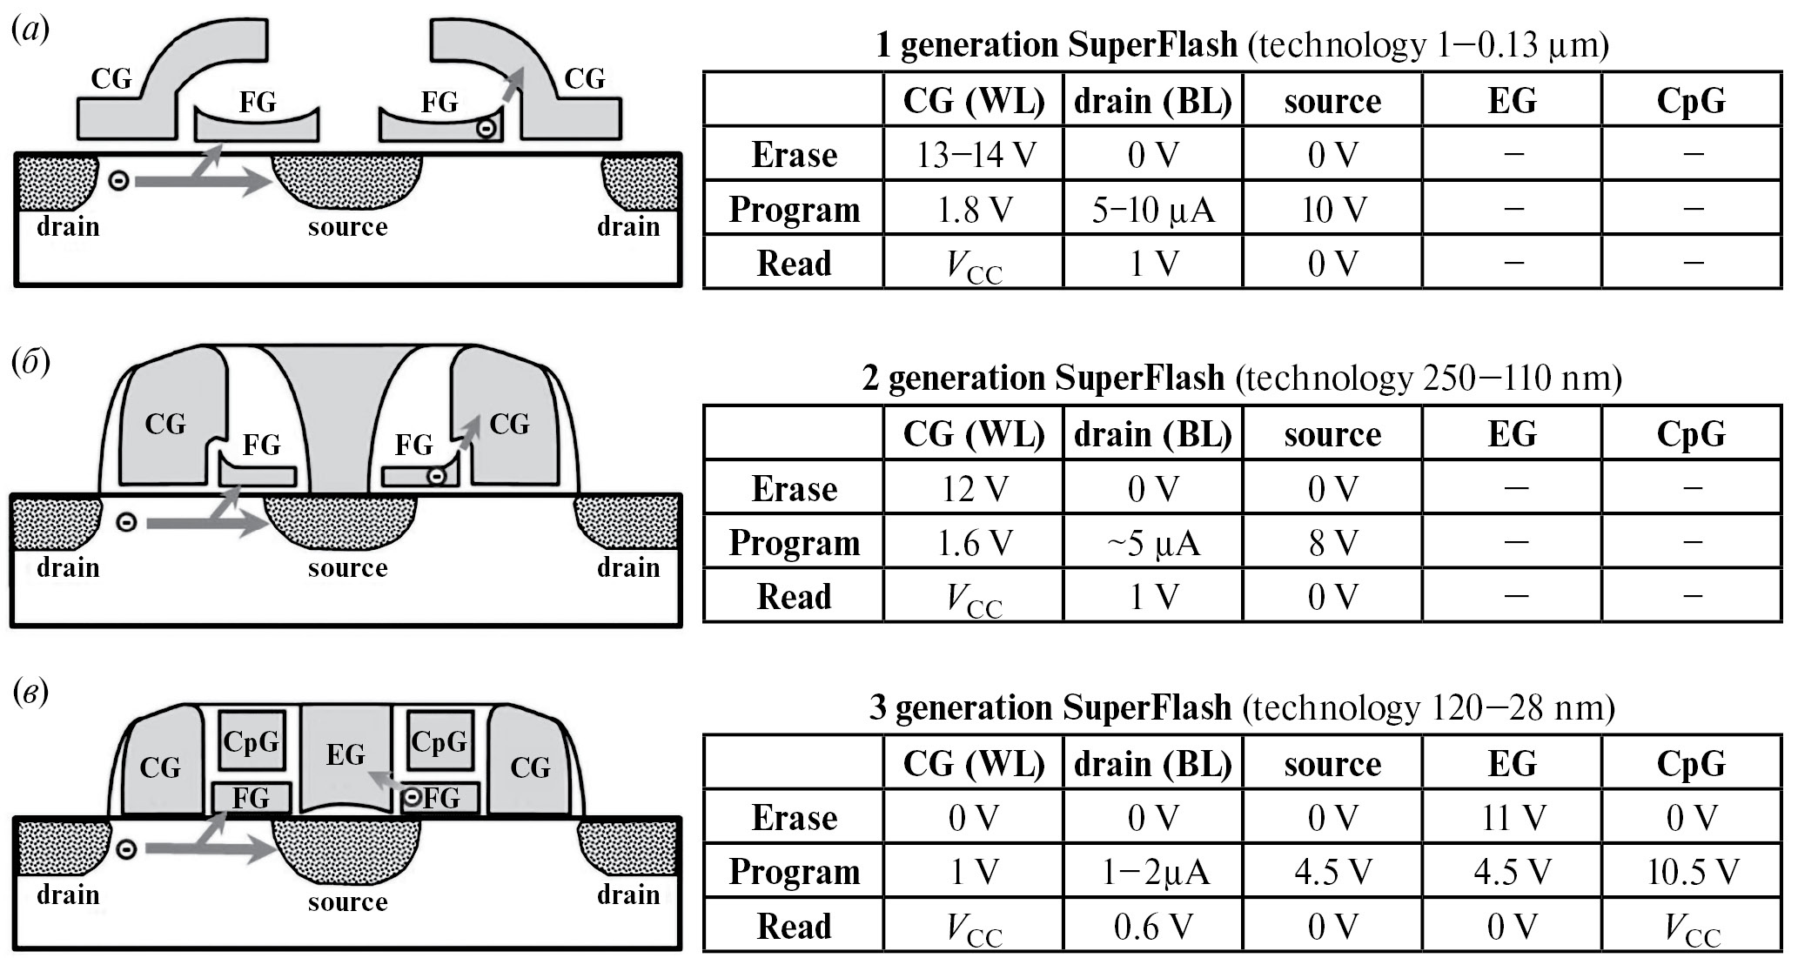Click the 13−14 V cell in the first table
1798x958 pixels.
(x=974, y=155)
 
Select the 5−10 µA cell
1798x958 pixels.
(x=1153, y=210)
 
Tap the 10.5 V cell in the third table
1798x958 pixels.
(x=1692, y=871)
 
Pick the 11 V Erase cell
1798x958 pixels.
(x=1512, y=817)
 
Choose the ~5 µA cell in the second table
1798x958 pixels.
(x=1153, y=543)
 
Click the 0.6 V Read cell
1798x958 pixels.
(x=1153, y=927)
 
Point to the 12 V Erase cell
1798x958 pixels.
(x=974, y=488)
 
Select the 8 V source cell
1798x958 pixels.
(x=1332, y=543)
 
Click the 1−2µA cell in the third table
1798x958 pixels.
(x=1153, y=871)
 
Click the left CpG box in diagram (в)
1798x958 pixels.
(x=252, y=741)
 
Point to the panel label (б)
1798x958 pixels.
(x=30, y=361)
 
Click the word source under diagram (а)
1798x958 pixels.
(x=347, y=227)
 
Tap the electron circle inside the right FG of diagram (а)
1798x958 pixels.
(x=487, y=129)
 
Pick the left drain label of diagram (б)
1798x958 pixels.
(x=68, y=568)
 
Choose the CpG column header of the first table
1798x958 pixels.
(x=1692, y=101)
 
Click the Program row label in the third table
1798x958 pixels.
(x=794, y=871)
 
